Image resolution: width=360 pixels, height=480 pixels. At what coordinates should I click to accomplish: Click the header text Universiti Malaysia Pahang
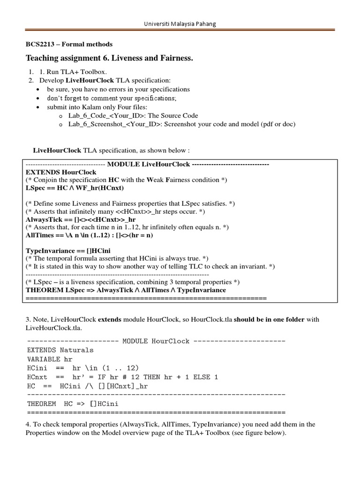click(x=180, y=23)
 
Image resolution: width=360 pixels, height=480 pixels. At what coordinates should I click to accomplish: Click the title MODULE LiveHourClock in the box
click(x=148, y=165)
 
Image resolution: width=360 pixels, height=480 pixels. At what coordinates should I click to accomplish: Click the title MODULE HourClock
click(x=156, y=341)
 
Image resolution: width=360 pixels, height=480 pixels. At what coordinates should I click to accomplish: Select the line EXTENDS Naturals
click(x=60, y=350)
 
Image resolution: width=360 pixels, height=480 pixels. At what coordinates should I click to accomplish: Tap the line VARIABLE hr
click(x=51, y=359)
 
